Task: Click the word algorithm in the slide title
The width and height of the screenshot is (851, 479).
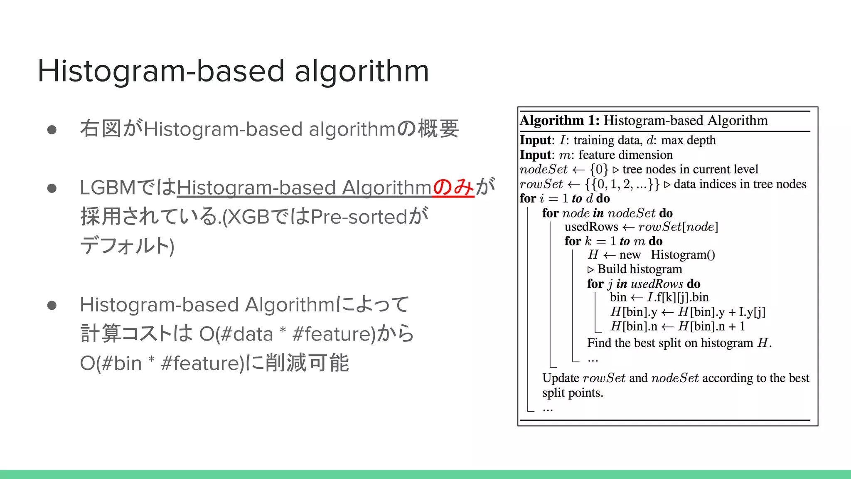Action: pos(362,71)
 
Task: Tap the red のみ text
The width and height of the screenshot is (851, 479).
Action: pos(453,187)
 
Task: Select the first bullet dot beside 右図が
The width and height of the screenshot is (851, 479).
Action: pos(52,130)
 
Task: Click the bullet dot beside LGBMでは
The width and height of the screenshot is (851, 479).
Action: pos(52,188)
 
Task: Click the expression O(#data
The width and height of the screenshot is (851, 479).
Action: pos(236,334)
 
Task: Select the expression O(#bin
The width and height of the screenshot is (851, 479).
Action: pos(111,363)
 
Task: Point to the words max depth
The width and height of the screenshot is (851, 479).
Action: pos(688,140)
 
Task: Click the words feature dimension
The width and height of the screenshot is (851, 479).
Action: pos(625,155)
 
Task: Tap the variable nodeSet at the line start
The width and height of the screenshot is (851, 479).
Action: pos(544,169)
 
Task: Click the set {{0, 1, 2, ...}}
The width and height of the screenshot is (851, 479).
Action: pos(622,184)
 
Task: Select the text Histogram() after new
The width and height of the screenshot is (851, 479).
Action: pos(683,254)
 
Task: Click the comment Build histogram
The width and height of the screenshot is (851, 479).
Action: pos(639,269)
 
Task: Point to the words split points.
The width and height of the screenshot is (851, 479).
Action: pos(573,393)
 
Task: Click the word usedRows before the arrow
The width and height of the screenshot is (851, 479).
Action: pos(591,227)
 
